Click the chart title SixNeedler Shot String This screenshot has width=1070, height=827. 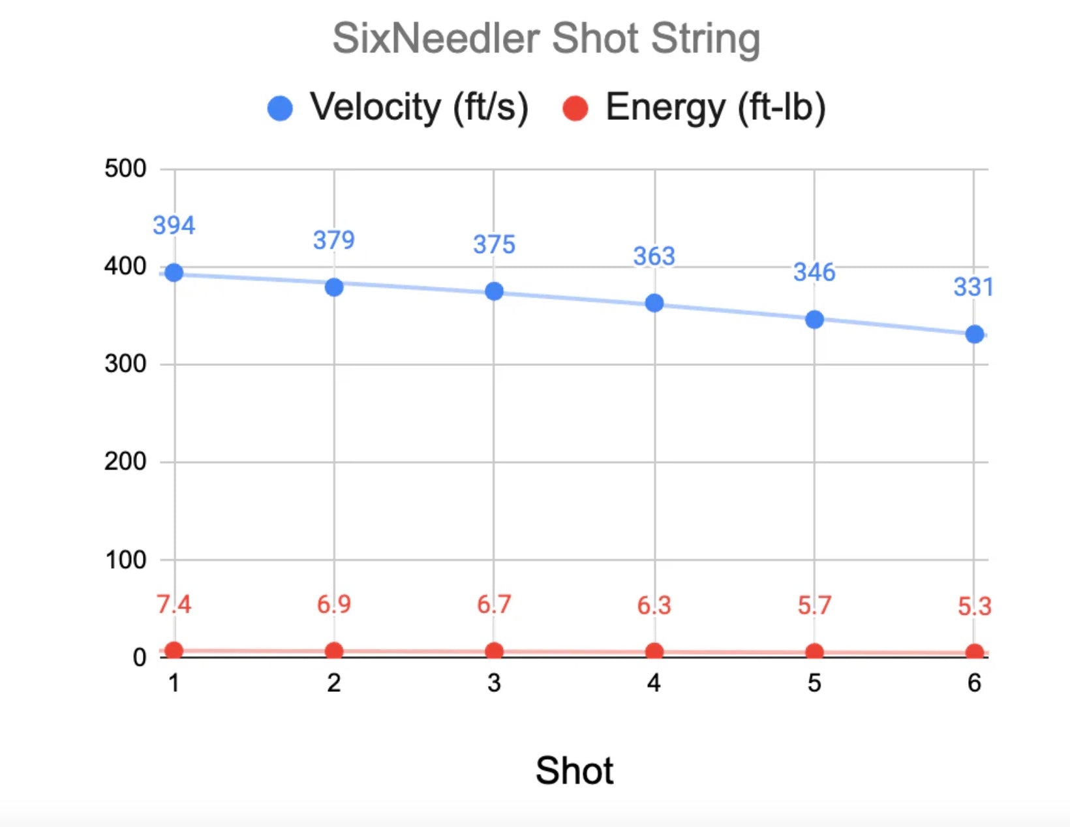pyautogui.click(x=546, y=38)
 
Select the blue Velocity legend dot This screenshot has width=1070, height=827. pyautogui.click(x=281, y=108)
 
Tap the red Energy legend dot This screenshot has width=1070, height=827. pyautogui.click(x=575, y=108)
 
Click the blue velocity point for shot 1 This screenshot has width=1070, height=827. pyautogui.click(x=174, y=273)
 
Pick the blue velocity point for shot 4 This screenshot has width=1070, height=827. pyautogui.click(x=654, y=303)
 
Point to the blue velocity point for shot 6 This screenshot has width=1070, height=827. pyautogui.click(x=975, y=335)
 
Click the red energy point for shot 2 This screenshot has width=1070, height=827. pyautogui.click(x=334, y=650)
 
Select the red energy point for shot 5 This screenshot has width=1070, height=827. pyautogui.click(x=814, y=652)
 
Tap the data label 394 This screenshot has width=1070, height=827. pyautogui.click(x=174, y=226)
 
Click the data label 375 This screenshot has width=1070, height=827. pyautogui.click(x=494, y=245)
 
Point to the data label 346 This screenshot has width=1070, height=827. pyautogui.click(x=814, y=272)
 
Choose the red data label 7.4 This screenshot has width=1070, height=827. pyautogui.click(x=174, y=605)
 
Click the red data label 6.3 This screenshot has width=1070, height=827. pyautogui.click(x=654, y=606)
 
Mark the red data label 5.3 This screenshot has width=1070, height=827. pyautogui.click(x=974, y=607)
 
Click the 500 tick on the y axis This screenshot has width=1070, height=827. pyautogui.click(x=125, y=169)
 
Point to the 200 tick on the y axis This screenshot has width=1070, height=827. pyautogui.click(x=125, y=462)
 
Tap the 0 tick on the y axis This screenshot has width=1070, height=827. pyautogui.click(x=139, y=657)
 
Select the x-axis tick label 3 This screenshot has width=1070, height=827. pyautogui.click(x=494, y=683)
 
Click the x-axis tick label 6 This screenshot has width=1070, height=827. pyautogui.click(x=974, y=683)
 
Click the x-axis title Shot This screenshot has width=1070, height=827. pyautogui.click(x=574, y=770)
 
